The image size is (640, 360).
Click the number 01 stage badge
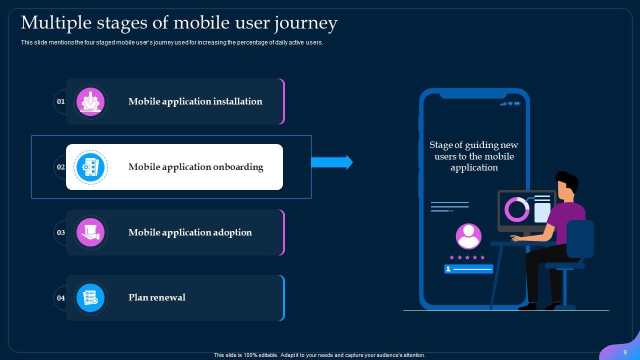pyautogui.click(x=61, y=101)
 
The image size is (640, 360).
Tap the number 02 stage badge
pyautogui.click(x=61, y=167)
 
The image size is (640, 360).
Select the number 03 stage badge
pyautogui.click(x=61, y=232)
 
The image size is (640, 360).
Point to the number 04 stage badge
pyautogui.click(x=61, y=298)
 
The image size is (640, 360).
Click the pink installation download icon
pyautogui.click(x=90, y=101)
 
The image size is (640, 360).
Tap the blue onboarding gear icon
pyautogui.click(x=90, y=167)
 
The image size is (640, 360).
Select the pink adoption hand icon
pyautogui.click(x=90, y=232)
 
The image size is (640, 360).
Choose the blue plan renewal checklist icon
pyautogui.click(x=90, y=298)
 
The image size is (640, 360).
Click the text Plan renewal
pyautogui.click(x=156, y=297)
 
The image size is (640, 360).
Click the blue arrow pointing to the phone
pyautogui.click(x=332, y=162)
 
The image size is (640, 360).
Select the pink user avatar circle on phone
pyautogui.click(x=468, y=236)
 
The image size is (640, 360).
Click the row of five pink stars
pyautogui.click(x=467, y=257)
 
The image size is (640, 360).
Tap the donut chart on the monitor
pyautogui.click(x=516, y=209)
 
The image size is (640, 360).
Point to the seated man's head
pyautogui.click(x=567, y=184)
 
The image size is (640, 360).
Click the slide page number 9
pyautogui.click(x=625, y=352)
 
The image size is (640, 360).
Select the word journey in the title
pyautogui.click(x=309, y=23)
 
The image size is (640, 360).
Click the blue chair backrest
pyautogui.click(x=580, y=238)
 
